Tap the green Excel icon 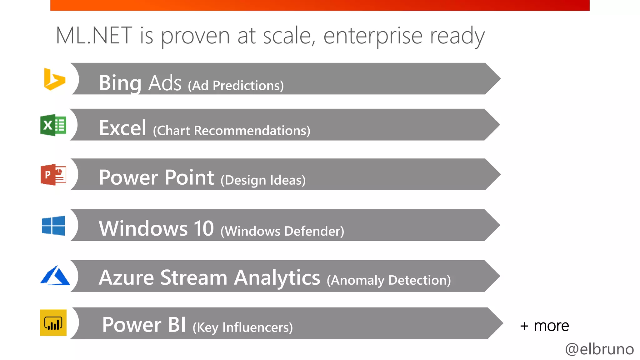coord(53,125)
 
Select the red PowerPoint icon coord(53,175)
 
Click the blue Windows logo coord(53,225)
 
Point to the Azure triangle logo coord(55,276)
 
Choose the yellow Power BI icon coord(53,323)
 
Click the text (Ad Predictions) coord(236,86)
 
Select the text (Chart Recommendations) coord(232,131)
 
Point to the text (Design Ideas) coord(263,180)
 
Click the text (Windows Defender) coord(282,231)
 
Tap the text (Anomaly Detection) coord(388,280)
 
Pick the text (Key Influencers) coord(242,327)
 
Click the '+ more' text coord(544,326)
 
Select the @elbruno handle coord(599,349)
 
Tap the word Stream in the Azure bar coord(194,277)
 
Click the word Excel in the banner coord(122,128)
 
